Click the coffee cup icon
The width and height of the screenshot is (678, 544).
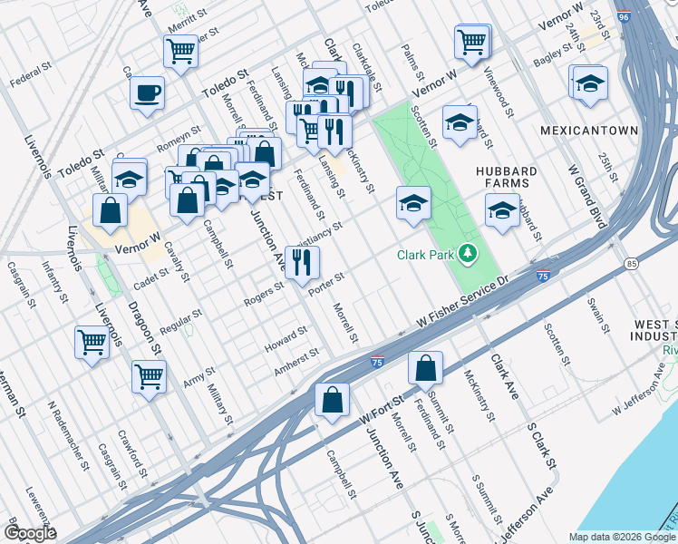point(147,92)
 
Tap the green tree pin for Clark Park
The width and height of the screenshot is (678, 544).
point(468,254)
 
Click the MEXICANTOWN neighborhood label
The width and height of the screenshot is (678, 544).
point(588,131)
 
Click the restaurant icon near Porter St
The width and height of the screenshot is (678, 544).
point(303,262)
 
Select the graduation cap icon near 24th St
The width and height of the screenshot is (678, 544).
point(588,82)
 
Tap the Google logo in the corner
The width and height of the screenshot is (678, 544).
point(29,532)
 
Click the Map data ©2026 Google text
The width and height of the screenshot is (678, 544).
point(621,537)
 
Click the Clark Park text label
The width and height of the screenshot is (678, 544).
point(425,255)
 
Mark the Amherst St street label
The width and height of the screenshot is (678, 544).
point(297,360)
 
